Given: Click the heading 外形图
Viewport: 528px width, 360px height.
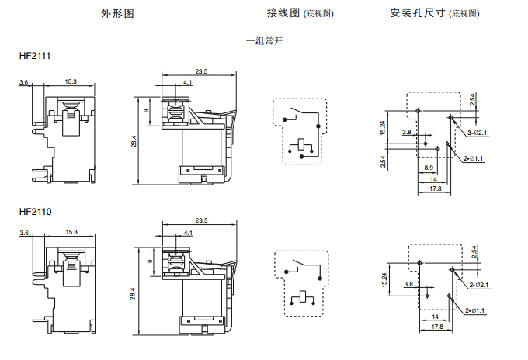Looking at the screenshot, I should coord(117,14).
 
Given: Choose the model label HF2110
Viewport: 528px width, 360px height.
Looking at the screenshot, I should coord(35,211).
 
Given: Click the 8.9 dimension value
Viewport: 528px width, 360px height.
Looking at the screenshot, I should coord(429,168).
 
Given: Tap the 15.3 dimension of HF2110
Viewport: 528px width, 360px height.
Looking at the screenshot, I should coord(71,232).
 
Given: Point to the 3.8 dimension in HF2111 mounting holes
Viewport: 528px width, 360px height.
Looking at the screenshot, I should coord(406,133).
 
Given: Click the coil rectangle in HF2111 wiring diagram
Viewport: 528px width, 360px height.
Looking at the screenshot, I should coord(300,144).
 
